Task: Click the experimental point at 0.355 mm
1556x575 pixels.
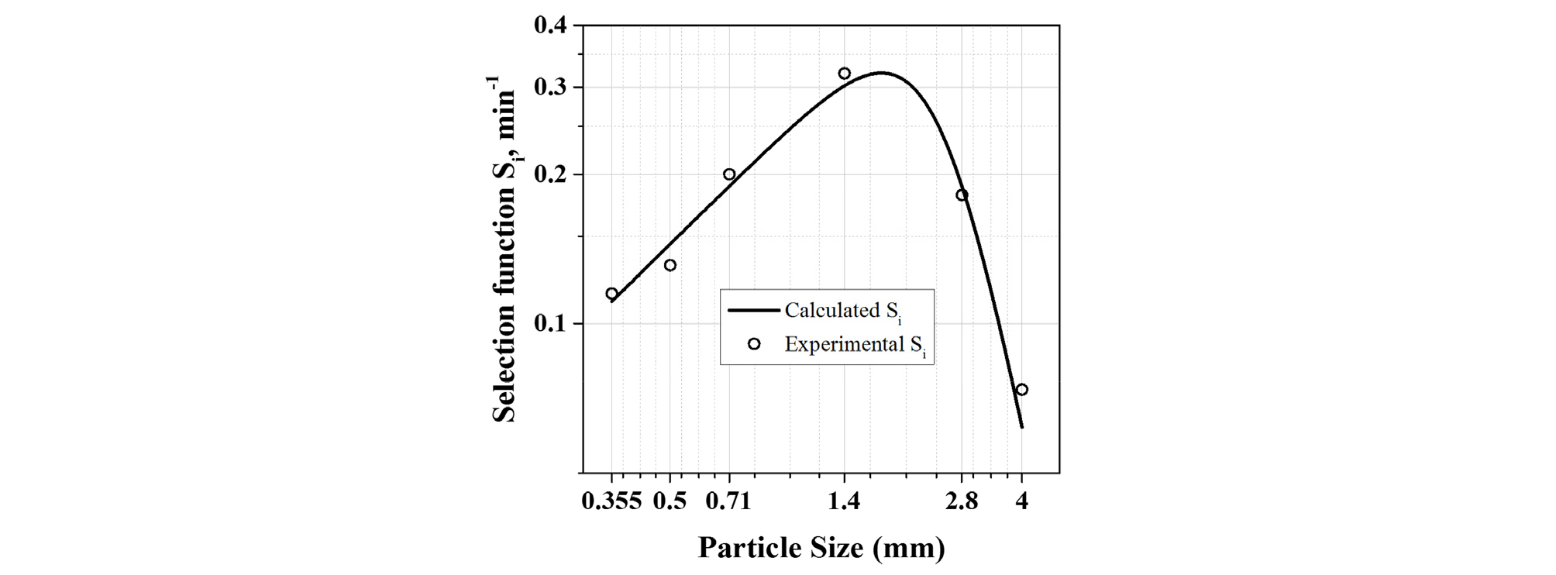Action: click(611, 294)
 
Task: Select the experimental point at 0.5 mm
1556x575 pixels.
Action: click(670, 265)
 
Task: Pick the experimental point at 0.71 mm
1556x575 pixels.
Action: click(729, 174)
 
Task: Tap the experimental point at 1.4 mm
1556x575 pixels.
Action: click(845, 74)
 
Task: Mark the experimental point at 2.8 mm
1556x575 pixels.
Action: click(962, 195)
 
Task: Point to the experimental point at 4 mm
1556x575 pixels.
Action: click(1022, 390)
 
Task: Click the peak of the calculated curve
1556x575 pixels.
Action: click(881, 73)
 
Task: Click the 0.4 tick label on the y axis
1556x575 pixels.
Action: click(550, 26)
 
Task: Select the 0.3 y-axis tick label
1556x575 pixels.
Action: click(550, 87)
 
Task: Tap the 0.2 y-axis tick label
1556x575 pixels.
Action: click(550, 174)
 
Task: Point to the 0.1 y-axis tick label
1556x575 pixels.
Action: click(550, 323)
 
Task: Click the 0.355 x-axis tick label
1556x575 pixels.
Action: click(611, 501)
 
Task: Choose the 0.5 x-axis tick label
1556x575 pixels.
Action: click(670, 501)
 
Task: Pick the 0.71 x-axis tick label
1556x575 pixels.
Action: click(729, 501)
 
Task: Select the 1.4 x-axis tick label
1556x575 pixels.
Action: click(845, 501)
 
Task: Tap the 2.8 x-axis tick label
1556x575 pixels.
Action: click(962, 501)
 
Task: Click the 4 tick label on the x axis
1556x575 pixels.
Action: click(1022, 501)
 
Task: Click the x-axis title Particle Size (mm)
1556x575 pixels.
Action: click(821, 548)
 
